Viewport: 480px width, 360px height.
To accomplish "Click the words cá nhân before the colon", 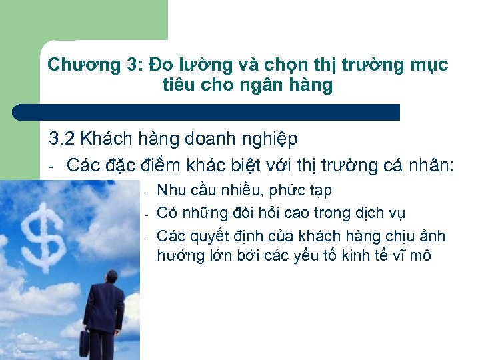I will pyautogui.click(x=417, y=165).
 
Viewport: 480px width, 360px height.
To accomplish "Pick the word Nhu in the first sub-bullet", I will pyautogui.click(x=171, y=191).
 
